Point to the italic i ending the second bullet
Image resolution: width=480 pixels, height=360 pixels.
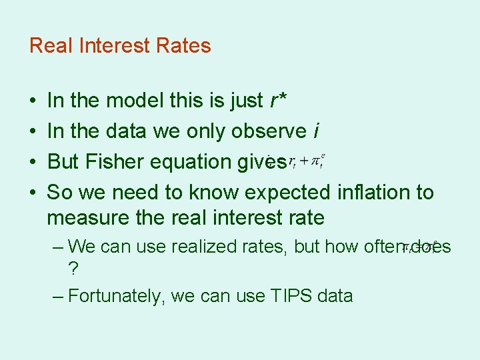[x=314, y=131]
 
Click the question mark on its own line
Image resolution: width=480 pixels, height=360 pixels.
[x=73, y=269]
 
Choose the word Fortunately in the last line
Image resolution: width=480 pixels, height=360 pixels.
[x=115, y=295]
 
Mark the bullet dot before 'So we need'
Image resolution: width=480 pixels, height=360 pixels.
[x=33, y=193]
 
